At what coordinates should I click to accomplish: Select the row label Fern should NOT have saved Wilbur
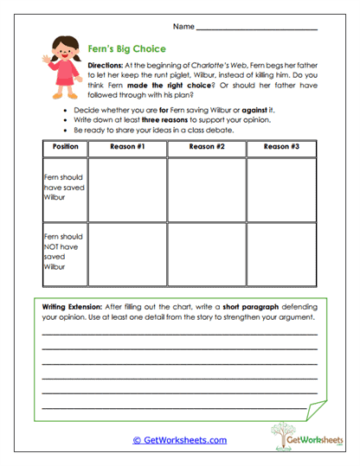[62, 252]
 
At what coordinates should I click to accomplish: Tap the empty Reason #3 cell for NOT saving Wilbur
[281, 252]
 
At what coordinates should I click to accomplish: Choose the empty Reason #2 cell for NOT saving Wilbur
[206, 252]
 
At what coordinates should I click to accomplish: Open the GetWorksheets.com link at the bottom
[179, 440]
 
